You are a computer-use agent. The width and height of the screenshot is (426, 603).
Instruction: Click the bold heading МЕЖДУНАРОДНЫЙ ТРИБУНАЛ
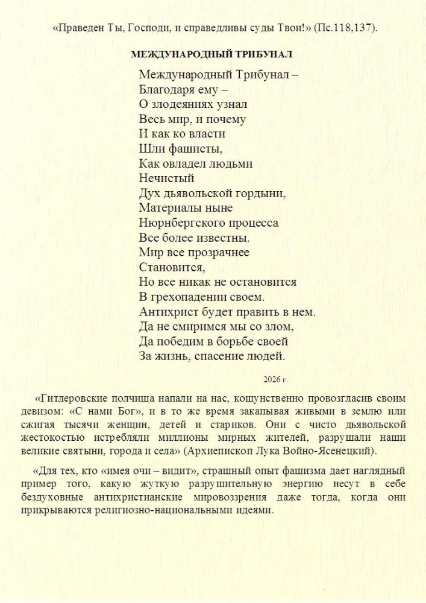(212, 54)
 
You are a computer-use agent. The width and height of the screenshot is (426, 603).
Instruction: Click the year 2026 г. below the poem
(276, 380)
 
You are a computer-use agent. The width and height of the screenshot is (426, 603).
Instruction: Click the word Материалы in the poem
(169, 207)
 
